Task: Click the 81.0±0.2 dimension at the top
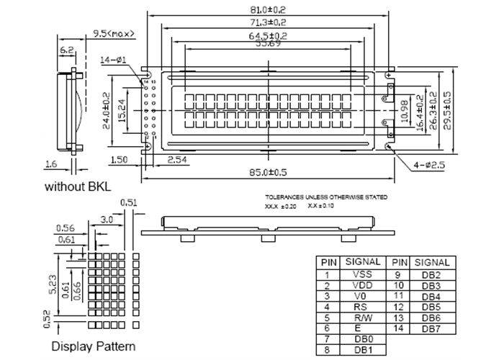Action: [x=269, y=9]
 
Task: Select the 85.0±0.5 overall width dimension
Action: [x=269, y=173]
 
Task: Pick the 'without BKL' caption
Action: [x=78, y=187]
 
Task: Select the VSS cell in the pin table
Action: [x=364, y=274]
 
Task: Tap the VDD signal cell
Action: [x=364, y=285]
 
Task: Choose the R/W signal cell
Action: [x=364, y=318]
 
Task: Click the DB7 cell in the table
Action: [x=431, y=328]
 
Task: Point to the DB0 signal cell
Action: [x=364, y=339]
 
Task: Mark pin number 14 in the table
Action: [x=398, y=328]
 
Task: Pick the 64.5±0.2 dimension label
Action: [x=269, y=35]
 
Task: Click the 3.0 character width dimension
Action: [x=106, y=218]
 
